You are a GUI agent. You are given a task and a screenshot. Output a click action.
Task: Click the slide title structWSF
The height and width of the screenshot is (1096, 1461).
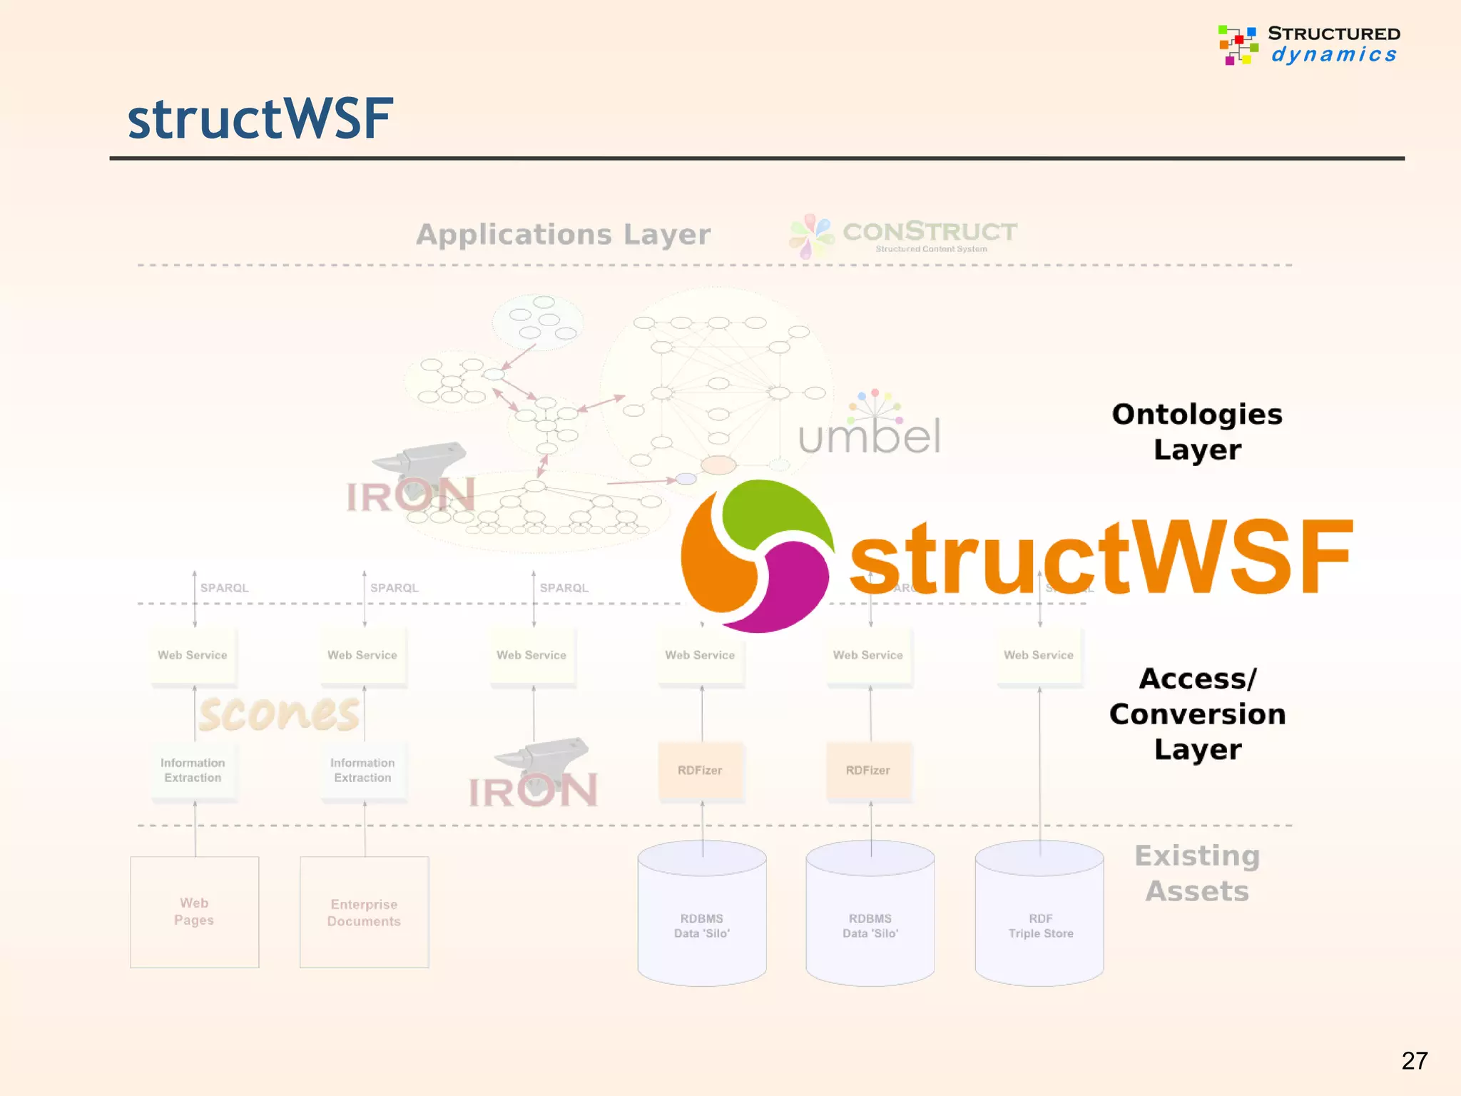click(x=260, y=118)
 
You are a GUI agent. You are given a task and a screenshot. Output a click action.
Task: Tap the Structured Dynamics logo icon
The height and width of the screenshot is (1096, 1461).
click(x=1238, y=44)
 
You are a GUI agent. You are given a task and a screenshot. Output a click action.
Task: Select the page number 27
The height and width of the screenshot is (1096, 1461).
click(x=1414, y=1060)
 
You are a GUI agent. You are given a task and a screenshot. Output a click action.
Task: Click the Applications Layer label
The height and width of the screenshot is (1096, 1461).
click(x=563, y=234)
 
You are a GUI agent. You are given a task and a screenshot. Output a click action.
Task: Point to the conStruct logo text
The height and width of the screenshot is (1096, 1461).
click(x=930, y=232)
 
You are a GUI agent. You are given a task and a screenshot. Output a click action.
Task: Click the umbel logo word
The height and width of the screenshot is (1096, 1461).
click(x=869, y=436)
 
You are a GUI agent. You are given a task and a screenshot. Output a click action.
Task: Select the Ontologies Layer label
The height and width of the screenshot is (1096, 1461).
click(x=1197, y=432)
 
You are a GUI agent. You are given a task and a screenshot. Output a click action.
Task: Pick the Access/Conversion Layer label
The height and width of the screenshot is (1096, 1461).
click(x=1197, y=714)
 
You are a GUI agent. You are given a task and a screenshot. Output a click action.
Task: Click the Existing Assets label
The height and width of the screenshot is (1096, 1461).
click(x=1197, y=873)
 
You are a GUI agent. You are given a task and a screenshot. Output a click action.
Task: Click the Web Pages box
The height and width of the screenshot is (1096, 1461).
click(x=194, y=912)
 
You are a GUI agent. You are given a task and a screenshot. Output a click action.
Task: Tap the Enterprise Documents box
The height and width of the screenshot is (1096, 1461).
click(x=364, y=912)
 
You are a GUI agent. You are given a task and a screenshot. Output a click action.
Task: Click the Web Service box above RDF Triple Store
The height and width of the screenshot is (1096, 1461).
click(x=1039, y=655)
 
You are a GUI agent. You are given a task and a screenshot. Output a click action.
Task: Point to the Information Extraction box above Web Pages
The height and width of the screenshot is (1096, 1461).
click(x=193, y=771)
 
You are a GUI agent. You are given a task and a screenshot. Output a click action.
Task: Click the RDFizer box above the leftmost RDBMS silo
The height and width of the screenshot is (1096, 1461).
click(x=700, y=771)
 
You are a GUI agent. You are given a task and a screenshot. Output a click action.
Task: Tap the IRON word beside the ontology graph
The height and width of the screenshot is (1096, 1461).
click(x=410, y=496)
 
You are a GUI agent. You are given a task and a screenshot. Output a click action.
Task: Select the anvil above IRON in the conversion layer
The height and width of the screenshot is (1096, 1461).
click(x=546, y=755)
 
